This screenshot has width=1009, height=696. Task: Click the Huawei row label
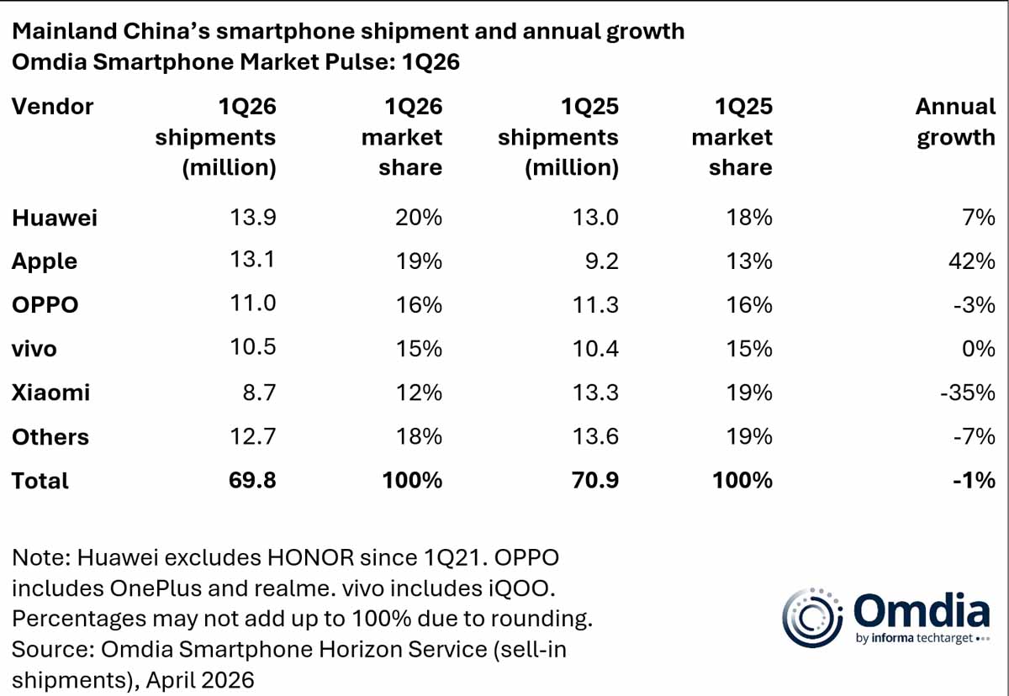(x=55, y=218)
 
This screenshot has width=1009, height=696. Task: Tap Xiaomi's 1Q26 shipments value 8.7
(x=257, y=393)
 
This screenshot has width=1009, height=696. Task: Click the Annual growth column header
(x=955, y=122)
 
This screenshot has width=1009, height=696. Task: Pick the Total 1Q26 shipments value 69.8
(x=252, y=480)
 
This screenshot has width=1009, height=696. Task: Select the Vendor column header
(x=52, y=107)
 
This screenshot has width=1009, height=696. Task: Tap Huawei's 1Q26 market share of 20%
(x=418, y=218)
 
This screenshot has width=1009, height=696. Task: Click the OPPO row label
(x=45, y=305)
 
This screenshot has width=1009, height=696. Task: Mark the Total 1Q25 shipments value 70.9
(x=595, y=480)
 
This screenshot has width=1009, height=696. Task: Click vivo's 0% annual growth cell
(x=978, y=349)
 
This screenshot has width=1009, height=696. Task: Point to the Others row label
(x=50, y=436)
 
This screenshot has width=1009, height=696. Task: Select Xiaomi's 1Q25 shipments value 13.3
(x=595, y=393)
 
